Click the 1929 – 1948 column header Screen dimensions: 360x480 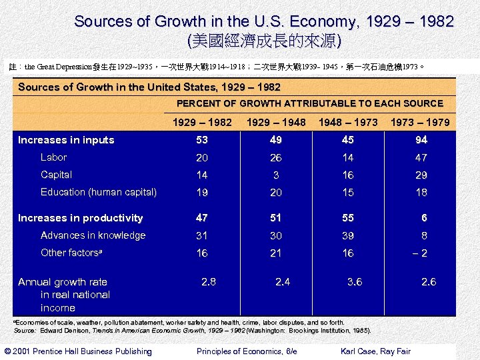pos(276,122)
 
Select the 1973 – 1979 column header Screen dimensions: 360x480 pos(420,122)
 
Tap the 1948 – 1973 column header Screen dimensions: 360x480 pos(348,122)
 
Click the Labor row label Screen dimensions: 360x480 pos(54,157)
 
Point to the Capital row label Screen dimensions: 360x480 pos(57,175)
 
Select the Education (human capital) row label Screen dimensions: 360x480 pos(99,192)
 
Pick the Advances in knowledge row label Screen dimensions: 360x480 pos(93,235)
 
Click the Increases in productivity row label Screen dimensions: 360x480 pos(81,218)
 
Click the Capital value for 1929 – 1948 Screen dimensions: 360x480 pos(276,175)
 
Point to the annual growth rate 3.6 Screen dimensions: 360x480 pos(355,282)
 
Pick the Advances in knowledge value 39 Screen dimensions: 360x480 pos(348,236)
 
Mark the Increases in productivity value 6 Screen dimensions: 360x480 pos(423,218)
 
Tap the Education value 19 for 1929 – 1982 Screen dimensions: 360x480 pos(202,193)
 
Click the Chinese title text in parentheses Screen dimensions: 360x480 pos(265,41)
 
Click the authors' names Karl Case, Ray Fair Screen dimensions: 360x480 pos(375,351)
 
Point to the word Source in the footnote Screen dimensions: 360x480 pos(24,330)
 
